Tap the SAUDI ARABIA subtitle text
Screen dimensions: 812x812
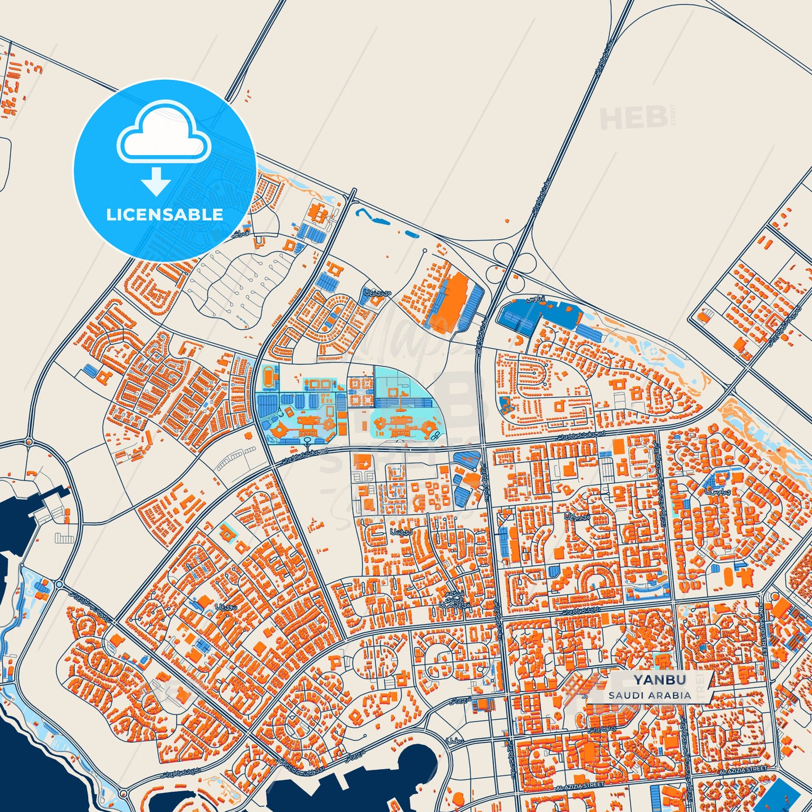coord(649,695)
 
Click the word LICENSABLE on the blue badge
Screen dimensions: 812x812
coord(164,214)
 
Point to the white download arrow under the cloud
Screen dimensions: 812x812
coord(156,181)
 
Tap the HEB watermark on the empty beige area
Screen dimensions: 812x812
coord(633,117)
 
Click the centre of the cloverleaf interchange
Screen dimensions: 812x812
coord(511,261)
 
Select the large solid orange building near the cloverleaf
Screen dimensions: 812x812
coord(452,303)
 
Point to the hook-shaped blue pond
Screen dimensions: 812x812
coord(371,217)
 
